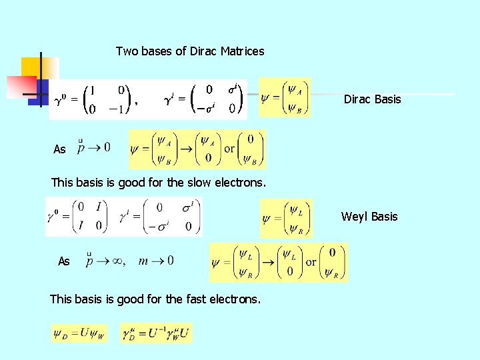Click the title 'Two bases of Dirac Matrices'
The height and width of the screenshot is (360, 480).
pyautogui.click(x=190, y=51)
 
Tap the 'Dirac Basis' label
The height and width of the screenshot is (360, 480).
pyautogui.click(x=372, y=99)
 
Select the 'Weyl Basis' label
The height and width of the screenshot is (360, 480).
pyautogui.click(x=369, y=217)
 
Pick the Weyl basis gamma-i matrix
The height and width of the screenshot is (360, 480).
pyautogui.click(x=159, y=217)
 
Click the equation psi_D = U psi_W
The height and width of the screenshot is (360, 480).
pyautogui.click(x=79, y=333)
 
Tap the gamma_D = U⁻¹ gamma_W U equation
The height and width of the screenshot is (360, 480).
pyautogui.click(x=155, y=333)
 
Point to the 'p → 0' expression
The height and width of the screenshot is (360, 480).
pyautogui.click(x=94, y=147)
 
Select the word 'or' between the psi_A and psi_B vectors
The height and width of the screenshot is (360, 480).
pyautogui.click(x=229, y=149)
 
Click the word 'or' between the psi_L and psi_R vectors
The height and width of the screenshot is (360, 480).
pyautogui.click(x=311, y=262)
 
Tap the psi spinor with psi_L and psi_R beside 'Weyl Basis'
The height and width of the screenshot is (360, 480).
pyautogui.click(x=286, y=218)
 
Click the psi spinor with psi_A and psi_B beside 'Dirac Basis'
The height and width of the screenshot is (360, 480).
pyautogui.click(x=285, y=97)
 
